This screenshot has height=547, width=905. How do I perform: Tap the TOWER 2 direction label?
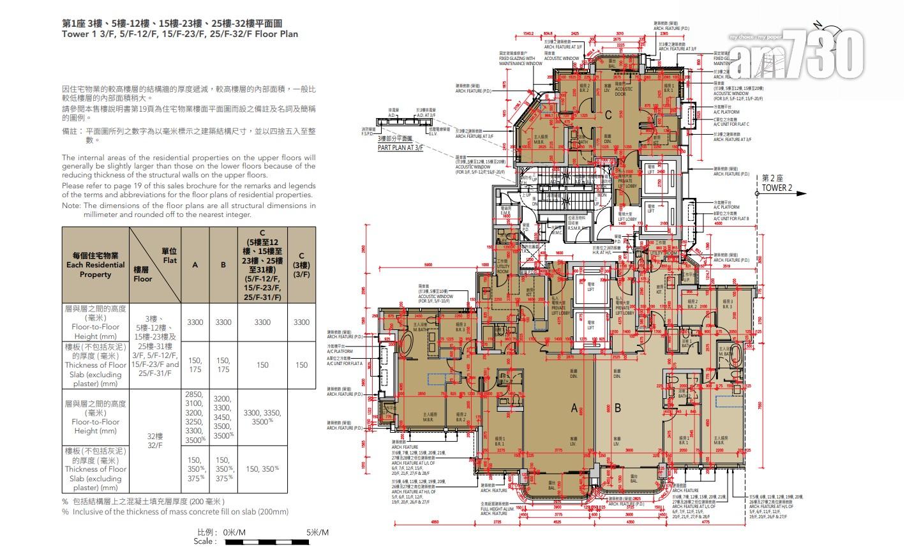(x=777, y=188)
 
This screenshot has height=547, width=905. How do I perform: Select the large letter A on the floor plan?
(x=574, y=408)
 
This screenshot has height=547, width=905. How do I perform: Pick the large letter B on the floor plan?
(x=617, y=408)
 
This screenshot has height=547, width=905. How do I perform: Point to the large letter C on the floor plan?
(x=608, y=115)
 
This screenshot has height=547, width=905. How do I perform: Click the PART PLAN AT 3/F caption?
(x=400, y=147)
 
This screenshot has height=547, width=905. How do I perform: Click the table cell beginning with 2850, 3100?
(x=195, y=417)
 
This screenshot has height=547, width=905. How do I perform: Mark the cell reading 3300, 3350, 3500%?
(x=262, y=417)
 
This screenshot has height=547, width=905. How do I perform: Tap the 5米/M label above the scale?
(x=317, y=532)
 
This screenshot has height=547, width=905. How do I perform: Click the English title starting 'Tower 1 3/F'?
(x=179, y=34)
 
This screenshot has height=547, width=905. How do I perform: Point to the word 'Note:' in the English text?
(x=71, y=206)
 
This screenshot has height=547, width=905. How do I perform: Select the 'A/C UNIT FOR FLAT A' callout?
(x=345, y=363)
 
